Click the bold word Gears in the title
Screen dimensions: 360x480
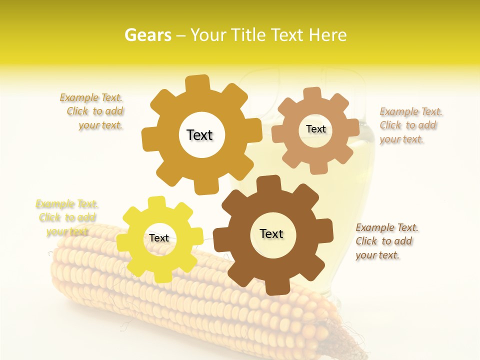pyautogui.click(x=148, y=35)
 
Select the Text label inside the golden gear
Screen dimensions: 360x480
pyautogui.click(x=199, y=135)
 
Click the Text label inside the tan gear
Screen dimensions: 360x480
pyautogui.click(x=315, y=129)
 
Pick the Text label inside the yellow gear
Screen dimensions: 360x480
pyautogui.click(x=159, y=238)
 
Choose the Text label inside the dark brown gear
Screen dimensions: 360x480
pyautogui.click(x=271, y=233)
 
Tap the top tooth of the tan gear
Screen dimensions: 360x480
pyautogui.click(x=312, y=93)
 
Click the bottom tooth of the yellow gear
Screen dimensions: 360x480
pyautogui.click(x=162, y=276)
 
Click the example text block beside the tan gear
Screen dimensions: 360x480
pyautogui.click(x=410, y=125)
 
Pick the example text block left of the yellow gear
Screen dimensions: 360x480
pyautogui.click(x=66, y=217)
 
